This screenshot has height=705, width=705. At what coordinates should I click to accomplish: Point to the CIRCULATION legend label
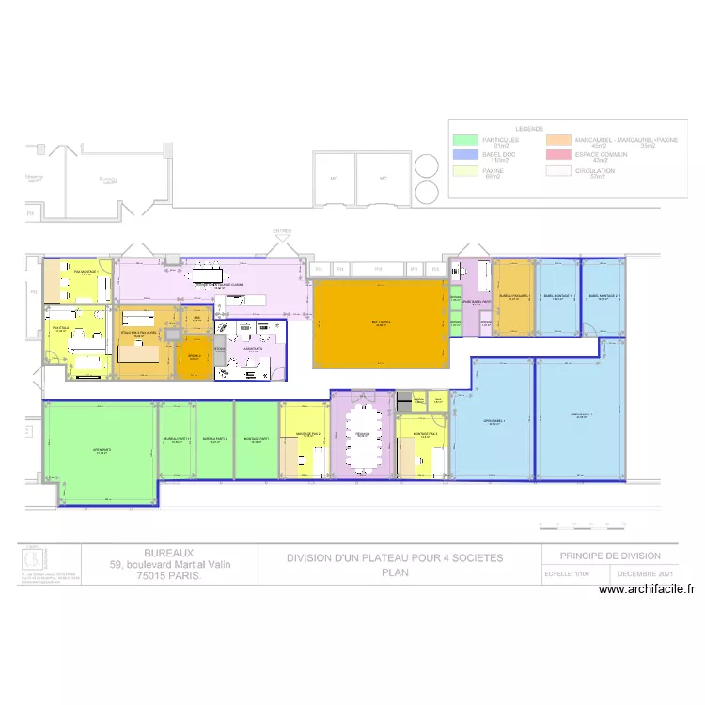point(595,171)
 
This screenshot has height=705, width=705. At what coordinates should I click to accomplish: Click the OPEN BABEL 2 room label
point(583,415)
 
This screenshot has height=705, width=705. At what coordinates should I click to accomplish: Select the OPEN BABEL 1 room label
point(493,421)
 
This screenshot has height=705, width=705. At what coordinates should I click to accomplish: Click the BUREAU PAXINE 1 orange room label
point(514,296)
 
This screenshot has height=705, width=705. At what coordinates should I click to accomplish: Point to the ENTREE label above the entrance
point(282,230)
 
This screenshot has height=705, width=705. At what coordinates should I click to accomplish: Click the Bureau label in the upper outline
point(106,180)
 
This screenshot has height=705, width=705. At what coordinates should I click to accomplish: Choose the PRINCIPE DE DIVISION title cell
point(610,556)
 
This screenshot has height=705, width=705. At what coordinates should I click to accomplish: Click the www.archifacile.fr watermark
point(647,590)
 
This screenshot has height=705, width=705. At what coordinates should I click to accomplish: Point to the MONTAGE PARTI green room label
point(256,439)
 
